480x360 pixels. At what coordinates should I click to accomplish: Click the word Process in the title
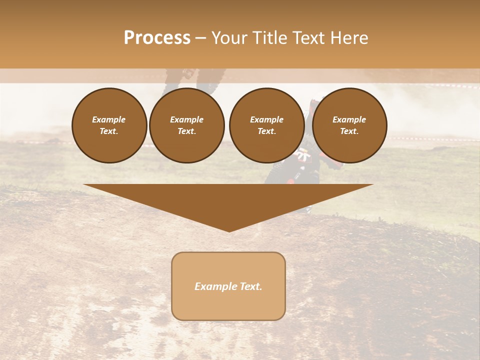pyautogui.click(x=157, y=38)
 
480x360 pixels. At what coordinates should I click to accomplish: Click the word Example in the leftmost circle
pyautogui.click(x=109, y=119)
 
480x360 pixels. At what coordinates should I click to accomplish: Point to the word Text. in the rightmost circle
pyautogui.click(x=349, y=131)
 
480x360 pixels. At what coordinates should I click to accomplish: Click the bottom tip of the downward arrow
pyautogui.click(x=229, y=231)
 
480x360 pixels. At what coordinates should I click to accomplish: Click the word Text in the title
pyautogui.click(x=310, y=38)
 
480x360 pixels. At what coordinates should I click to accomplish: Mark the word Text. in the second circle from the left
pyautogui.click(x=187, y=131)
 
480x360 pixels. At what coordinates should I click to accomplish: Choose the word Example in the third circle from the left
pyautogui.click(x=266, y=119)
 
